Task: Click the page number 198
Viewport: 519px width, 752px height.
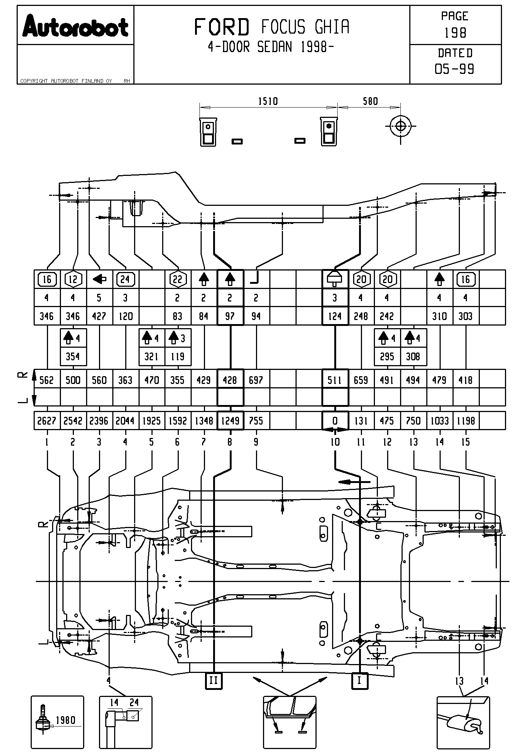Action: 455,33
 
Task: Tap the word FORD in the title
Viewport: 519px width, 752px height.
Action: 222,27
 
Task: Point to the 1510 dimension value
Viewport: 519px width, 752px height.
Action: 268,101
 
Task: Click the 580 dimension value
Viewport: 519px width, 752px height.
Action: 370,101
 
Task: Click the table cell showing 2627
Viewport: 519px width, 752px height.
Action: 47,421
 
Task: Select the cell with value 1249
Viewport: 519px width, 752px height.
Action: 230,421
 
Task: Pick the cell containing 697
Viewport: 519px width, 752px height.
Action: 256,380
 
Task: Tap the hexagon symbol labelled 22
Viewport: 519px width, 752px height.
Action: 178,279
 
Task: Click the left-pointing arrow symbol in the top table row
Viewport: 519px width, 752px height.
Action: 99,279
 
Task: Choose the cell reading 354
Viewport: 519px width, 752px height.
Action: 73,356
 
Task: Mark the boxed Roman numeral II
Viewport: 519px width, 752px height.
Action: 214,680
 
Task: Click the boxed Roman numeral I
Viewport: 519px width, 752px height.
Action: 359,680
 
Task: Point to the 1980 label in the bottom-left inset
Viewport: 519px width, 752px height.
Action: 65,720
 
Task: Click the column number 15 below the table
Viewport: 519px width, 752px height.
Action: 465,442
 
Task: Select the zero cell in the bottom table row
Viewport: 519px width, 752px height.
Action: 335,421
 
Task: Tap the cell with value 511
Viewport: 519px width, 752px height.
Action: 335,380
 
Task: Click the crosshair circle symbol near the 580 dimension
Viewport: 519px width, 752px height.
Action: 400,126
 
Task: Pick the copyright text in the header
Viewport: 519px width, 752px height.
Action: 66,81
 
